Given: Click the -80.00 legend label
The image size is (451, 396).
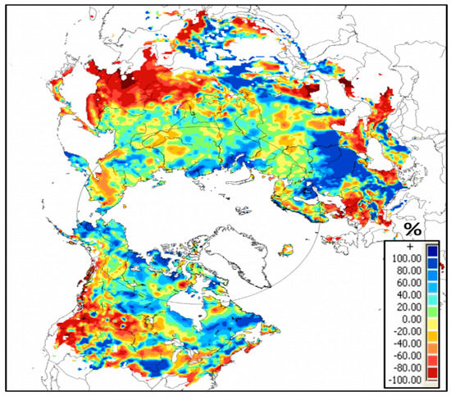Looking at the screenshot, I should click(405, 368).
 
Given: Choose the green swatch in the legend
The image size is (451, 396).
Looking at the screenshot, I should click(432, 312).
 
